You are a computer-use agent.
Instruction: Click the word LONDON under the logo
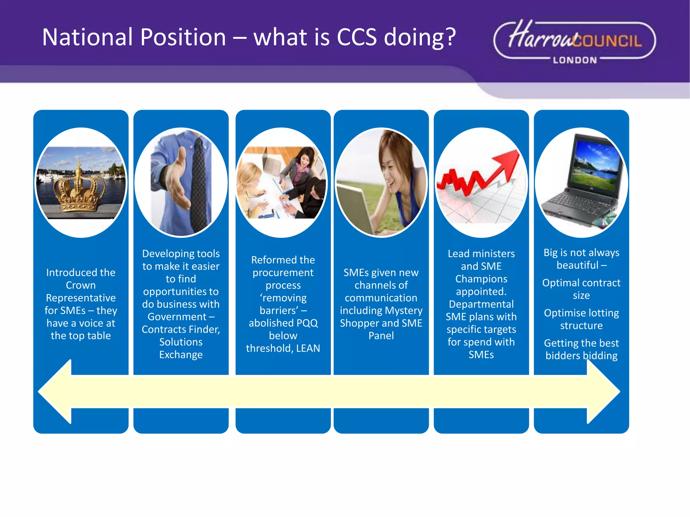point(575,60)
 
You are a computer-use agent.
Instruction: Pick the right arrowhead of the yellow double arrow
point(603,391)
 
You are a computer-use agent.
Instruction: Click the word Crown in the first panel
point(81,285)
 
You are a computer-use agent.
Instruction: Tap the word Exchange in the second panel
point(181,355)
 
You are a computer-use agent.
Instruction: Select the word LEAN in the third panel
point(308,348)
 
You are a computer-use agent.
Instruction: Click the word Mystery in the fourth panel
point(404,310)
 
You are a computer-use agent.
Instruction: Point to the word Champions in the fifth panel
point(481,279)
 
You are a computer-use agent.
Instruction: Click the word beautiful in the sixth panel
point(577,265)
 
